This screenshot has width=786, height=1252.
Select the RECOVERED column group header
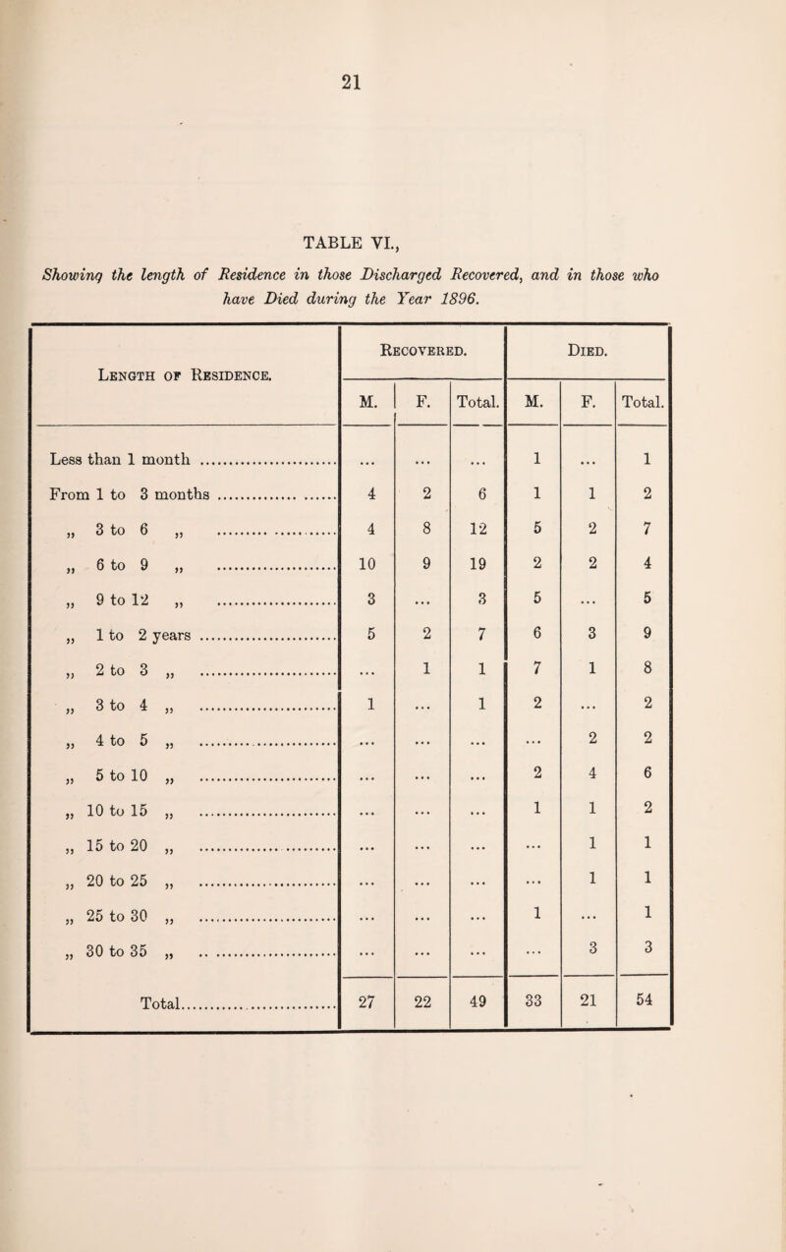point(421,347)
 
